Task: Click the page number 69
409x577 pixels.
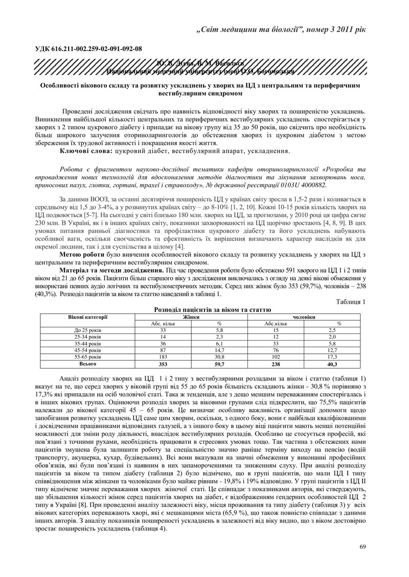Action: coord(362,547)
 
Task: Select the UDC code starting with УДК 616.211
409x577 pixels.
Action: coord(87,49)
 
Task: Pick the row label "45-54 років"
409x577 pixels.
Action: coord(87,350)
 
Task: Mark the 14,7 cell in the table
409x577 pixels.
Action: coord(219,350)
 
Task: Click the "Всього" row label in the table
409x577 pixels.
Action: coord(87,365)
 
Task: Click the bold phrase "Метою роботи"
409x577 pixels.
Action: coord(82,254)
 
